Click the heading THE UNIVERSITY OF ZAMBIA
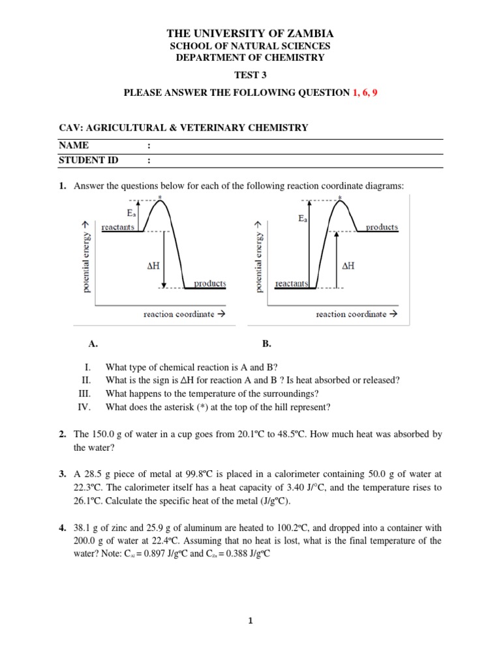[x=250, y=33]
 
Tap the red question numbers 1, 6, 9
[x=365, y=93]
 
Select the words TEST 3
[x=250, y=75]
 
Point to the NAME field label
[x=73, y=145]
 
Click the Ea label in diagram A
[x=132, y=213]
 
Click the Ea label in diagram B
[x=303, y=219]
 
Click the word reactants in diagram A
[x=118, y=226]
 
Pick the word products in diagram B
[x=382, y=227]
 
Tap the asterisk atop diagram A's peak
[x=160, y=196]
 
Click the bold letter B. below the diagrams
[x=266, y=343]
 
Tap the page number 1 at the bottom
[x=250, y=621]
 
